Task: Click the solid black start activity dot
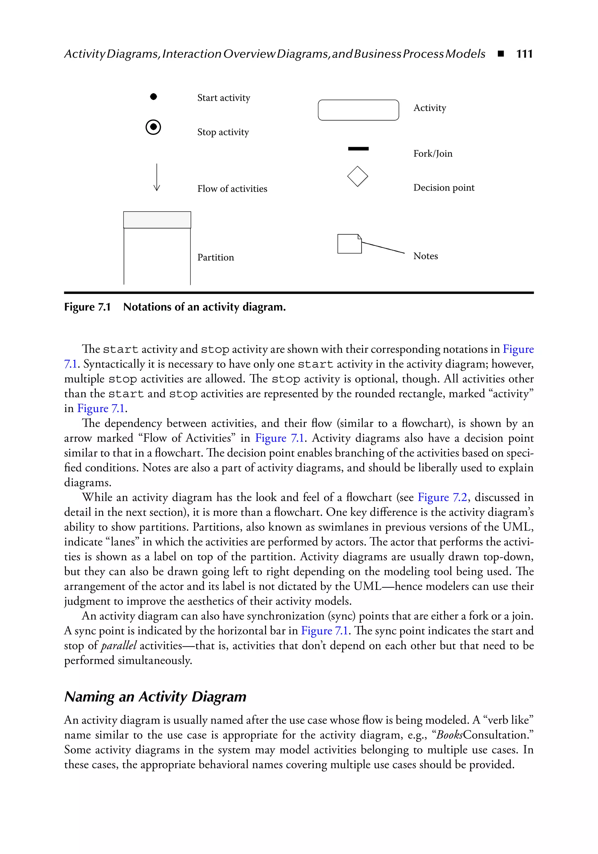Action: tap(153, 97)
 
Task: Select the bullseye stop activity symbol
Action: tap(153, 127)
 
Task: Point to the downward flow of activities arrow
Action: tap(157, 177)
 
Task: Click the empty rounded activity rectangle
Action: tap(358, 110)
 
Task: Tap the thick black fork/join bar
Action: tap(358, 149)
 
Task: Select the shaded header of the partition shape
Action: tap(157, 220)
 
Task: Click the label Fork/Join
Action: tap(432, 154)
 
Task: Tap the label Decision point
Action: tap(444, 188)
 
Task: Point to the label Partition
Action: tap(215, 257)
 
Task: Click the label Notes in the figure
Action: tap(425, 256)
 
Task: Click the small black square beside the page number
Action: tap(500, 54)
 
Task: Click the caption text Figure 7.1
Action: tap(87, 307)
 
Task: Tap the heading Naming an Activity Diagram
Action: tap(155, 697)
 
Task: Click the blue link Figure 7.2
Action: tap(442, 498)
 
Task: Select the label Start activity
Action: tap(223, 98)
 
